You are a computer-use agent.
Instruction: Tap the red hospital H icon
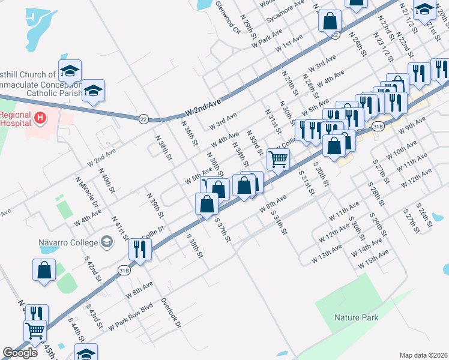click(x=41, y=118)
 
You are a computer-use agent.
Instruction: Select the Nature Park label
click(x=357, y=317)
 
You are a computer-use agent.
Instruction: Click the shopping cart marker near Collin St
click(x=278, y=159)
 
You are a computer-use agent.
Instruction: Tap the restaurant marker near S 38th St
click(x=140, y=249)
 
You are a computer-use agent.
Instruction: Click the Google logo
click(x=20, y=353)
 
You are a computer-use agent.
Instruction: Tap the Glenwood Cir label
click(x=229, y=17)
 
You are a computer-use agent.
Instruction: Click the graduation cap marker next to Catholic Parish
click(x=93, y=91)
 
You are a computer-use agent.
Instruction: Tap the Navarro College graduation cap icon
click(x=107, y=242)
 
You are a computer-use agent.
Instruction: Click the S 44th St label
click(x=75, y=329)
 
